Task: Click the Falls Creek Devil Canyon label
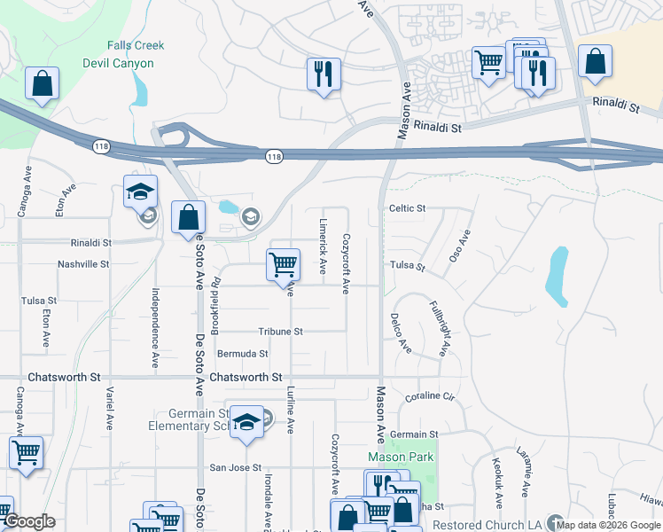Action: pos(130,55)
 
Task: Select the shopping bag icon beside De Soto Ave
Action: pos(188,217)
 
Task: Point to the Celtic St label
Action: pos(407,208)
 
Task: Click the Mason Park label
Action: pos(398,457)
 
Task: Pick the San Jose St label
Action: pos(235,467)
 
